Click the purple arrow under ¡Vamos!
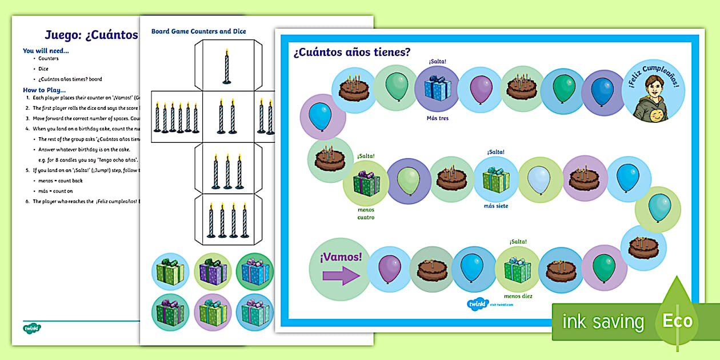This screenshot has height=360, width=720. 341,277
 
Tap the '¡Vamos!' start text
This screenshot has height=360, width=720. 341,257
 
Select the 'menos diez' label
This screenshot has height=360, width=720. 518,296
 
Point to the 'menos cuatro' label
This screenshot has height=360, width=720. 366,214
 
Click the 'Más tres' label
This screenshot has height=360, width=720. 437,118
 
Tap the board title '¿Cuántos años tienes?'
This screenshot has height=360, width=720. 352,53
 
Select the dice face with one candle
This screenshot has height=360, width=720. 227,66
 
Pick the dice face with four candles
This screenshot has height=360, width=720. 227,221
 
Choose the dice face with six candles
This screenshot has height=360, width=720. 175,118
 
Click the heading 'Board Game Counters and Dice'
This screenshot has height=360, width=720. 199,31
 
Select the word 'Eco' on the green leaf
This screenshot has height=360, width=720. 677,321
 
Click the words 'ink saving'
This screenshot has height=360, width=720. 603,322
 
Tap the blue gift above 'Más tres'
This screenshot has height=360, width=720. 437,89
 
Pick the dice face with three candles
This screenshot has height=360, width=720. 227,170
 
